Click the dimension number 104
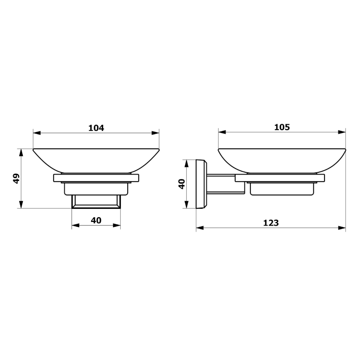[x=96, y=128]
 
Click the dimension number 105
[x=282, y=127]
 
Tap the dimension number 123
[x=271, y=223]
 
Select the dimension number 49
[x=16, y=178]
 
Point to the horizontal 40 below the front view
[x=96, y=220]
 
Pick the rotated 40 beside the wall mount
[x=182, y=184]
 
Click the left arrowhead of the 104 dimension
[x=37, y=133]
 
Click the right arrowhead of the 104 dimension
[x=156, y=133]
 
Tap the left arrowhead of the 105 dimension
[x=222, y=132]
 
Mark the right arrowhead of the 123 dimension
[x=342, y=228]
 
